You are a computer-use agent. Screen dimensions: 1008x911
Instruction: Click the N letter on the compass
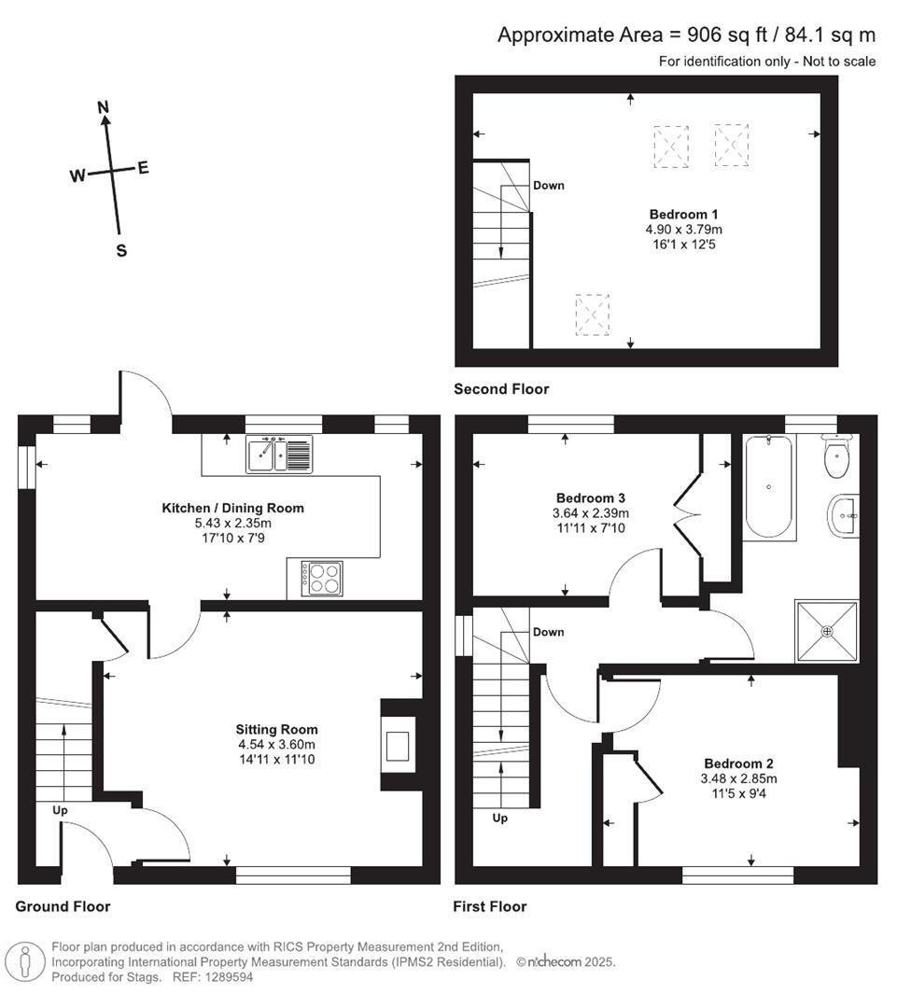click(105, 106)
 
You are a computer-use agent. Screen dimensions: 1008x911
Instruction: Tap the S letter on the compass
click(121, 250)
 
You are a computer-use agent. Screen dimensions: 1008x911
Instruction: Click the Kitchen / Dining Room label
click(233, 508)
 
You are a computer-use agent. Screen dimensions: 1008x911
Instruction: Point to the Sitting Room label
click(276, 729)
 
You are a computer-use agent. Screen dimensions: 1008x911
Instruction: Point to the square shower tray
click(826, 631)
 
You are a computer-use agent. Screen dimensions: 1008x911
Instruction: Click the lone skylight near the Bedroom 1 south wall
click(592, 314)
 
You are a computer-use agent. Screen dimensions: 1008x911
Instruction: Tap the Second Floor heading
click(501, 389)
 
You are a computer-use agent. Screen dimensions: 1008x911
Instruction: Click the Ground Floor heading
click(63, 906)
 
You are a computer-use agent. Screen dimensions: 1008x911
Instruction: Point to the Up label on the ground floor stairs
click(60, 810)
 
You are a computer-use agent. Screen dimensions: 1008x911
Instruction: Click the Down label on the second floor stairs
click(549, 185)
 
